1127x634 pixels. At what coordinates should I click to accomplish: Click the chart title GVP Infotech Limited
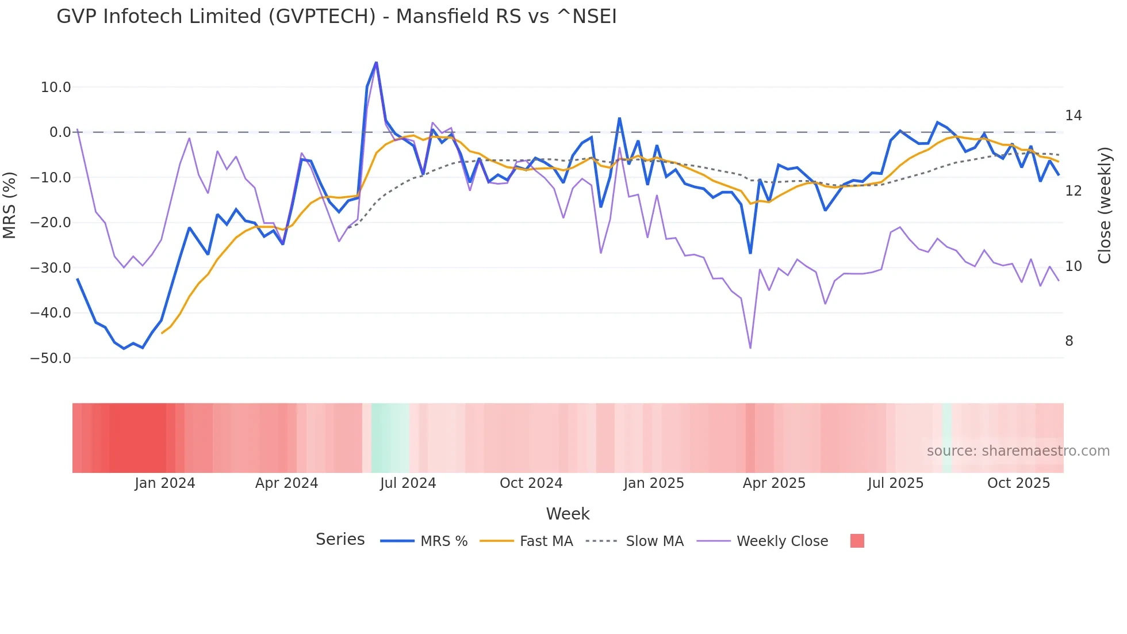336,17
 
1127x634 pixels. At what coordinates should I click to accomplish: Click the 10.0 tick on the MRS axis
56,87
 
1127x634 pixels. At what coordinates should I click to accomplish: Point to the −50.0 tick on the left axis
51,358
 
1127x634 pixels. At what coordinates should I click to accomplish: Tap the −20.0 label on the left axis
51,223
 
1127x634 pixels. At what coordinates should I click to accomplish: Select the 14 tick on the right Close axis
1073,116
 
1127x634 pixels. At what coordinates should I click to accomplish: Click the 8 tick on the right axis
1069,341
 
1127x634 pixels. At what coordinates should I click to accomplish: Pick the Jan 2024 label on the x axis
165,483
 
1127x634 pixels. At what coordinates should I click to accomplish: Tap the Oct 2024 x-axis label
531,483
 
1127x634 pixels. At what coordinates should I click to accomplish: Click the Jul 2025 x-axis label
895,483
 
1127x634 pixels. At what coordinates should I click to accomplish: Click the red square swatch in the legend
857,541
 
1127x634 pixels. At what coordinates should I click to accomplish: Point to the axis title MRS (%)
10,205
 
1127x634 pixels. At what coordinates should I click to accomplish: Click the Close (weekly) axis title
1104,205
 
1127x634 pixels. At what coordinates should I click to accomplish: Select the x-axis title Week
568,514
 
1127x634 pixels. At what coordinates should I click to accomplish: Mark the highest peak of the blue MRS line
376,62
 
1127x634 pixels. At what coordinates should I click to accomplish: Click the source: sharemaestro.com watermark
1018,451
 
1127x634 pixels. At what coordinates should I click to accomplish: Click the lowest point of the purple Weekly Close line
750,348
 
